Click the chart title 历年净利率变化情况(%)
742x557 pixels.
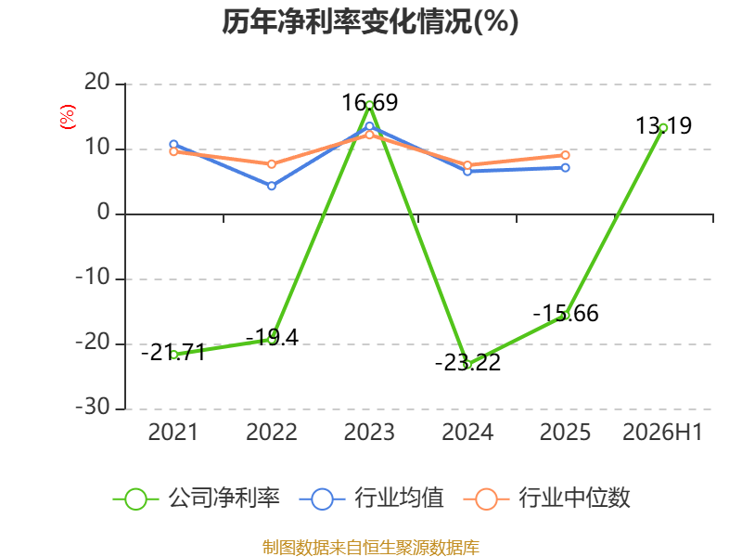point(370,21)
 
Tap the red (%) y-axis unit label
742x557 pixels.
point(67,117)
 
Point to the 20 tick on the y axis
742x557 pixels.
point(97,83)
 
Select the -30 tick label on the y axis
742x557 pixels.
point(93,407)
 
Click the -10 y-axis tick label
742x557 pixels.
point(93,277)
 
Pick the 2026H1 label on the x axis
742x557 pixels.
point(662,432)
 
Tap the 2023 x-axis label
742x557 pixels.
point(369,432)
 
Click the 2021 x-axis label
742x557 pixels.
point(173,432)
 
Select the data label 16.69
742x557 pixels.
point(369,103)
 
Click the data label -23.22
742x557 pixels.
point(467,363)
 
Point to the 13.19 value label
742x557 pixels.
point(663,125)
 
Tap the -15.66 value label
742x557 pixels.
point(566,314)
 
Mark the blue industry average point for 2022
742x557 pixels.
point(272,186)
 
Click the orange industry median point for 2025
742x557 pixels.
point(566,155)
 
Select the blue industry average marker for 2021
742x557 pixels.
point(173,145)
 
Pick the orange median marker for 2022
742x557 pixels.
point(272,164)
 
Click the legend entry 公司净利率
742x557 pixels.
point(197,499)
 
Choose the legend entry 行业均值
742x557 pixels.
point(372,499)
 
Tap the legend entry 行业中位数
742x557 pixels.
point(546,499)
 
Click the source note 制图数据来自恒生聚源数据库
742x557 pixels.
point(370,548)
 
